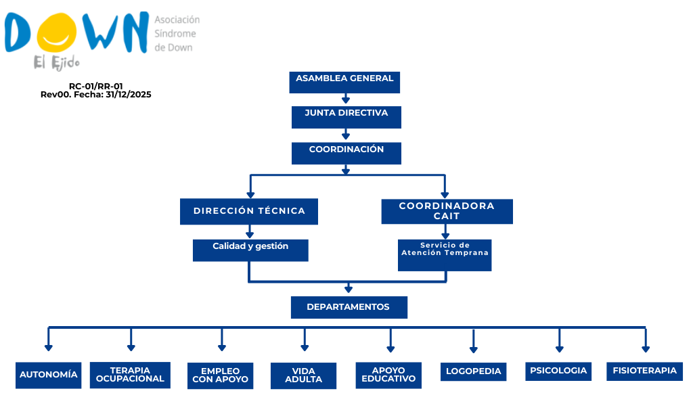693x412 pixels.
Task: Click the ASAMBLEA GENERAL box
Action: (x=344, y=82)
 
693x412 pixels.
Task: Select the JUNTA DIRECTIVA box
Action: (x=346, y=117)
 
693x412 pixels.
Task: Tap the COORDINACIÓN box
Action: (x=346, y=153)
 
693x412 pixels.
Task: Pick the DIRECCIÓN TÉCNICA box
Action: (x=249, y=212)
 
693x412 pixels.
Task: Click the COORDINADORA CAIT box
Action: (x=447, y=212)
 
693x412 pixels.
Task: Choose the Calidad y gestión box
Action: (x=250, y=250)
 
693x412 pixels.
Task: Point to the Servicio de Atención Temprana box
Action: (x=445, y=255)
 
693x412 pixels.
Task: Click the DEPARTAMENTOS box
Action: (x=349, y=307)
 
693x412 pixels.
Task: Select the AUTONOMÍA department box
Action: (x=48, y=375)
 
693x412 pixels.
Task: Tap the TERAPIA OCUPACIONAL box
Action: (x=130, y=375)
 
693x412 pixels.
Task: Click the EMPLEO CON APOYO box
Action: (x=220, y=375)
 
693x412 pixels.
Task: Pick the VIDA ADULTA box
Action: (x=303, y=375)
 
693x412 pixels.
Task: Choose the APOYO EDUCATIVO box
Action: (x=388, y=375)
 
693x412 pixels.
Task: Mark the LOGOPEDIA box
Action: (x=473, y=371)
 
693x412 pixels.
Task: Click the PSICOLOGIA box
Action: (x=558, y=371)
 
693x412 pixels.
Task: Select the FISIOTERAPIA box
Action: (x=644, y=371)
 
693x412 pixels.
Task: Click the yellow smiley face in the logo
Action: (x=56, y=32)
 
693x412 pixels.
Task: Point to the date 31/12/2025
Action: (x=128, y=95)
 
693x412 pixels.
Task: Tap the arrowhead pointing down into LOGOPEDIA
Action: (x=473, y=350)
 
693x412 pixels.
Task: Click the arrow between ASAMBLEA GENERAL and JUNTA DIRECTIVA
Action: (x=346, y=99)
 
